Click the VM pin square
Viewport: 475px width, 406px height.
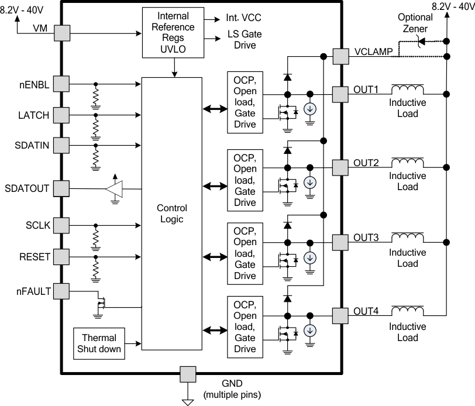pyautogui.click(x=61, y=33)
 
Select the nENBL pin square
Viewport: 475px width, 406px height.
pyautogui.click(x=61, y=84)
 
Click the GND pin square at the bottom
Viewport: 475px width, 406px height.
pyautogui.click(x=188, y=373)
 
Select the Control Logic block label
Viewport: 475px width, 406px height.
pyautogui.click(x=170, y=214)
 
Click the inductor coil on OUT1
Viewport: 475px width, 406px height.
pyautogui.click(x=408, y=90)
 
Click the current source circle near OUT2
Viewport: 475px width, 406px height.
pyautogui.click(x=311, y=183)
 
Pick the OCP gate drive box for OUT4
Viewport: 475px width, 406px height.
pyautogui.click(x=245, y=327)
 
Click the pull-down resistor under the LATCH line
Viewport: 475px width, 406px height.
pyautogui.click(x=95, y=125)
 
